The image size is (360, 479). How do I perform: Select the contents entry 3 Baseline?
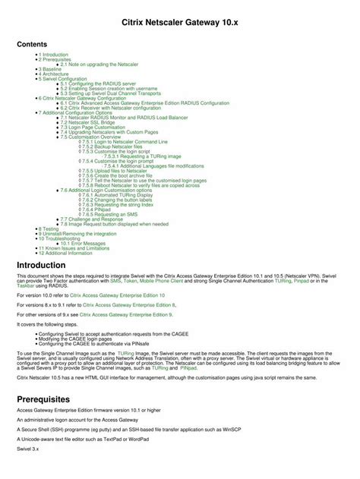click(x=51, y=68)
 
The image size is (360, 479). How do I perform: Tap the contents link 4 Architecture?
click(x=54, y=73)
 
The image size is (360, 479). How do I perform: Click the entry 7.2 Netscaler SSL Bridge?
click(x=88, y=122)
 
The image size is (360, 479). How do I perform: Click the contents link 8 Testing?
click(x=49, y=228)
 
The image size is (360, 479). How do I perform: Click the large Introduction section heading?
click(x=52, y=265)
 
